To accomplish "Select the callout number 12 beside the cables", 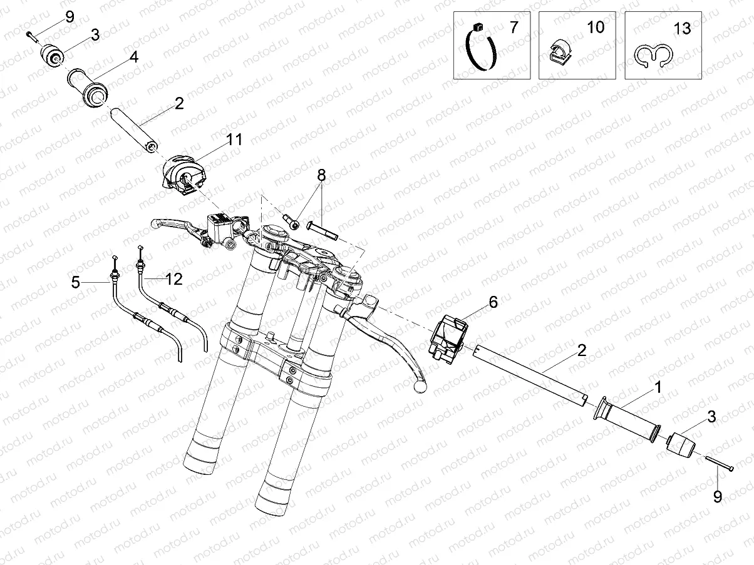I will pos(173,279).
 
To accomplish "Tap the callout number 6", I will pos(493,303).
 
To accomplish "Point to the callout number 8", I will pos(321,175).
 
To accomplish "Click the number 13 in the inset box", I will pos(682,29).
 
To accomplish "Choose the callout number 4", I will pos(134,57).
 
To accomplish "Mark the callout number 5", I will pos(76,283).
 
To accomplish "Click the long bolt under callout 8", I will pos(323,232).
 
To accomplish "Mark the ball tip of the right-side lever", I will pos(420,387).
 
